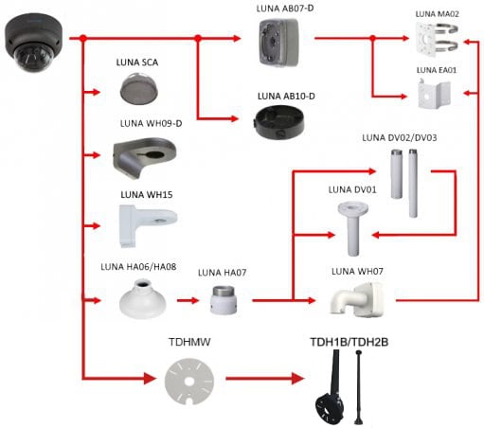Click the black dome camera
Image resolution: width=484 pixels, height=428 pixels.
(33, 43)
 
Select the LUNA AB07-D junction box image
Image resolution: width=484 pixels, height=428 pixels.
(278, 43)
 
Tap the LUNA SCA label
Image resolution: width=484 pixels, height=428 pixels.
(137, 62)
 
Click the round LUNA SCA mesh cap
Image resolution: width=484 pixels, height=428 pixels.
(139, 88)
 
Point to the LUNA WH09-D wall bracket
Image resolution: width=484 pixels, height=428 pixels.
(144, 157)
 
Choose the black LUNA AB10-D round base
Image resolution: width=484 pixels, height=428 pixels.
(279, 122)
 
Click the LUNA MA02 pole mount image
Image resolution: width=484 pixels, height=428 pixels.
(437, 39)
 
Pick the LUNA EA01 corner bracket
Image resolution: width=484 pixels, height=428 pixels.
(434, 94)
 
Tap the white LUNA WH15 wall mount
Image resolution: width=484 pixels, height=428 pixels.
(148, 225)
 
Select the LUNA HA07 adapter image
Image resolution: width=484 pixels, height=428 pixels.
(224, 300)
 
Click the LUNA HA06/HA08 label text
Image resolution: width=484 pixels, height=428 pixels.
(138, 267)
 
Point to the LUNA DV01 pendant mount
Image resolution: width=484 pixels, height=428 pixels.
(352, 229)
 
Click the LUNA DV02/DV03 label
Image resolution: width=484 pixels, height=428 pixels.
(400, 138)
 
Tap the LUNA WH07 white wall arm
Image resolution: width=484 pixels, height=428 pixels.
(357, 299)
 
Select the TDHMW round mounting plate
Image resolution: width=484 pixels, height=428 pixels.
(189, 382)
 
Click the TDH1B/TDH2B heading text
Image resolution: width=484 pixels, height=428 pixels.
(350, 342)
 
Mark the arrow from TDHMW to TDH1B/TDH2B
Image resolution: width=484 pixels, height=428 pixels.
(265, 378)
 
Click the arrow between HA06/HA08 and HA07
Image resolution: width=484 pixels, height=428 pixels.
(188, 300)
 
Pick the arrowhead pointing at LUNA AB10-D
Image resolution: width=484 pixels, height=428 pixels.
(234, 118)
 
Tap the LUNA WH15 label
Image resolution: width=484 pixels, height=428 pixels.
(147, 194)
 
